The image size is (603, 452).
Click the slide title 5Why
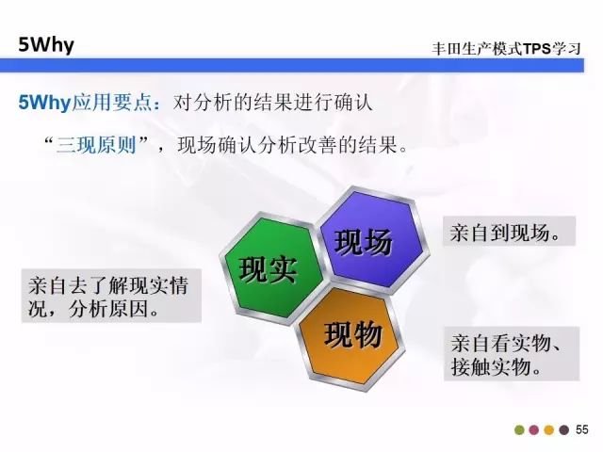pyautogui.click(x=46, y=45)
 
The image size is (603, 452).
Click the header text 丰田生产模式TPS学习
pyautogui.click(x=506, y=49)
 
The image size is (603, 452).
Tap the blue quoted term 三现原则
pyautogui.click(x=96, y=145)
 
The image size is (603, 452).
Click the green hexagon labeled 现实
pyautogui.click(x=271, y=268)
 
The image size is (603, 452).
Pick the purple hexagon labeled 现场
pyautogui.click(x=373, y=241)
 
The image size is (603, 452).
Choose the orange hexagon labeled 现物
pyautogui.click(x=351, y=336)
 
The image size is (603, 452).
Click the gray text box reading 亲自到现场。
pyautogui.click(x=509, y=232)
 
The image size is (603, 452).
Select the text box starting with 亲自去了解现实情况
pyautogui.click(x=111, y=295)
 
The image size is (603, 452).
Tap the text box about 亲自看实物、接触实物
pyautogui.click(x=512, y=354)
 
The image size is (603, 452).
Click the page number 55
pyautogui.click(x=582, y=429)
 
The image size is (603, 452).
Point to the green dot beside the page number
pyautogui.click(x=519, y=429)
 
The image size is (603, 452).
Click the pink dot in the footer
pyautogui.click(x=534, y=429)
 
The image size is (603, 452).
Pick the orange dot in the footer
pyautogui.click(x=549, y=429)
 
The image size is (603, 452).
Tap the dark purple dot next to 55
pyautogui.click(x=563, y=429)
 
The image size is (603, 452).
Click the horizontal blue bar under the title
pyautogui.click(x=292, y=65)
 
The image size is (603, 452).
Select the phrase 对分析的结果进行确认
pyautogui.click(x=272, y=103)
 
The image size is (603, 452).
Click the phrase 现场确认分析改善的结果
pyautogui.click(x=287, y=145)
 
